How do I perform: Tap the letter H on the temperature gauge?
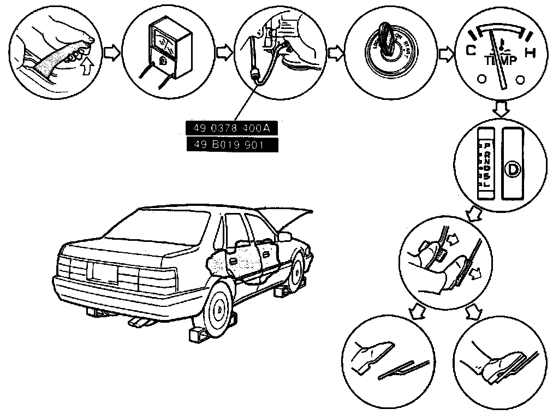pos(528,53)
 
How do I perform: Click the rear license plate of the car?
pos(105,271)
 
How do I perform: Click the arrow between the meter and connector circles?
pos(224,53)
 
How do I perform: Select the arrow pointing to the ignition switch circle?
pos(337,53)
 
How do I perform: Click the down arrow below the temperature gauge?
pos(500,108)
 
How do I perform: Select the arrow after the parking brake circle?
pos(111,53)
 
